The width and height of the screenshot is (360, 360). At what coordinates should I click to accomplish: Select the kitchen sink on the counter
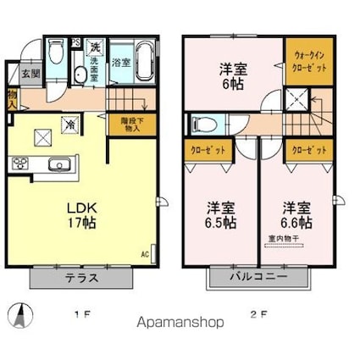58,163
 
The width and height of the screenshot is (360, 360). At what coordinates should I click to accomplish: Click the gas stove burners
18,163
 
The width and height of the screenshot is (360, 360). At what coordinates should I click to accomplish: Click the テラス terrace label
83,277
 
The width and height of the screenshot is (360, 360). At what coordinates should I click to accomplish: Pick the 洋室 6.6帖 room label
296,214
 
